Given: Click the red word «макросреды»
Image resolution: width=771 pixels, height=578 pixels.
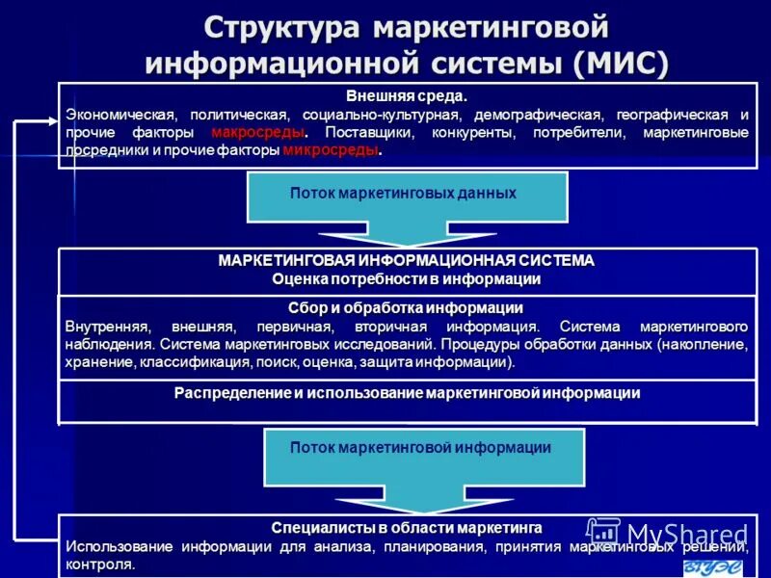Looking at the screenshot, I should [258, 132].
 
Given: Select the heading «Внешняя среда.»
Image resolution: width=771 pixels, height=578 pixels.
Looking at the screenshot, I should [407, 96].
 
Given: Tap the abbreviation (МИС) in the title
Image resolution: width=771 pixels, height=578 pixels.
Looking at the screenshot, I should [618, 64].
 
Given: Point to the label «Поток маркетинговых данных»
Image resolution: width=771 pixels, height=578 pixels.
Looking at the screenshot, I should [404, 194].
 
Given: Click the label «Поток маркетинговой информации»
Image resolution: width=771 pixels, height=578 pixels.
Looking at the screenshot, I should [421, 448].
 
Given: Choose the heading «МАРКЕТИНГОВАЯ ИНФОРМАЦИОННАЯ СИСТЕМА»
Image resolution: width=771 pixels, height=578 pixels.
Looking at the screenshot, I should [407, 261].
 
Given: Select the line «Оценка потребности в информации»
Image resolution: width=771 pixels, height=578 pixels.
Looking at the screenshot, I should [407, 279].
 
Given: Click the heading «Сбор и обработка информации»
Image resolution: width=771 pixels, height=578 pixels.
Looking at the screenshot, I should [406, 308].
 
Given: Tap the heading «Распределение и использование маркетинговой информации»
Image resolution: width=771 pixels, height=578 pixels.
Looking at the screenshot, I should [407, 393].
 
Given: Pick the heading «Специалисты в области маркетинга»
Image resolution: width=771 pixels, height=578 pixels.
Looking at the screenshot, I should [407, 528].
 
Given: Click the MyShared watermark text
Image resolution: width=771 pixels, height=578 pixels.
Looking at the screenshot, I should [686, 534].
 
